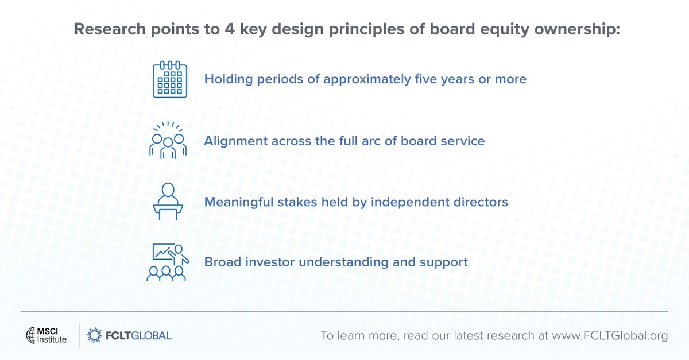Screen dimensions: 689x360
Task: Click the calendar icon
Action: [x=170, y=79]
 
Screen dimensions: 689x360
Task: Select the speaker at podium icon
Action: [x=168, y=201]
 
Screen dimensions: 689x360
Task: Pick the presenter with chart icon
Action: [x=168, y=262]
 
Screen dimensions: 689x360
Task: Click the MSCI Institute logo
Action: [x=46, y=335]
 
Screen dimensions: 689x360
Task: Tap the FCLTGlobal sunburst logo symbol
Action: [x=94, y=335]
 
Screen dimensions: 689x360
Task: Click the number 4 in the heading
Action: [x=230, y=29]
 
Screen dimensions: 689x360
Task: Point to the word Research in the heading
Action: [x=110, y=29]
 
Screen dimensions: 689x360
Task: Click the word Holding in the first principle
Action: [x=229, y=79]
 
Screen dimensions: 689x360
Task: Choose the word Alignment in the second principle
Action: [x=235, y=141]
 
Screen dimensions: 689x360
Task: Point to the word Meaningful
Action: [x=239, y=203]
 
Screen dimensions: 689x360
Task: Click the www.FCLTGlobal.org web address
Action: [x=610, y=336]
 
